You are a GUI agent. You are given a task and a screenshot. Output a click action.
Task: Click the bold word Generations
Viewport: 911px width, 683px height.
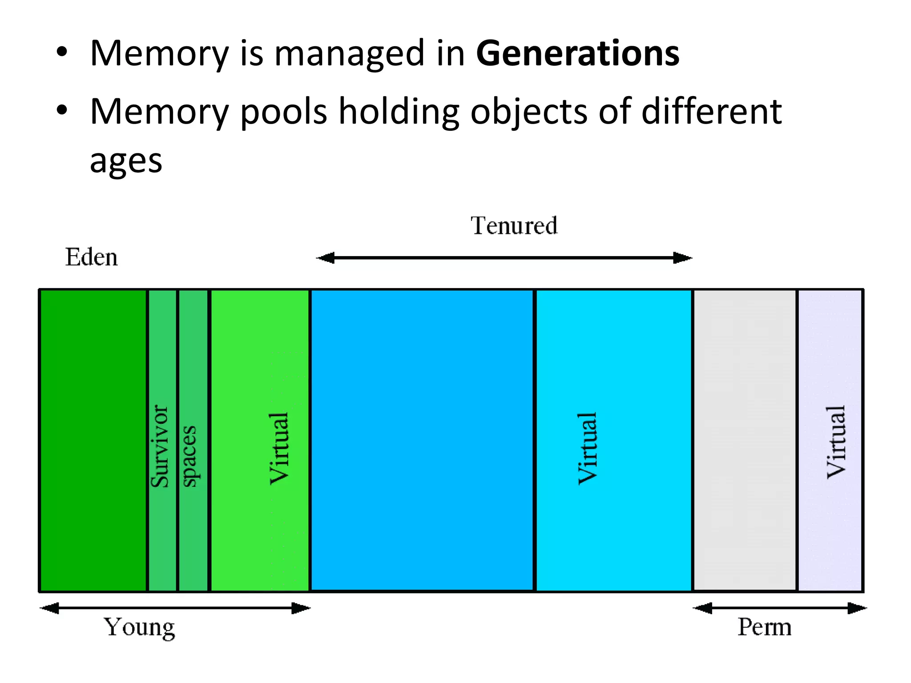coord(577,54)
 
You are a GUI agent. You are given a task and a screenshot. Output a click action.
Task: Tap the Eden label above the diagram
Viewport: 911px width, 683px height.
coord(92,257)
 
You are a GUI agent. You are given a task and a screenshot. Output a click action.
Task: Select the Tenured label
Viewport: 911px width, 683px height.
coord(514,225)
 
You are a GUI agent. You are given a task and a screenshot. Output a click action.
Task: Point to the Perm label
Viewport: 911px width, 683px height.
coord(764,627)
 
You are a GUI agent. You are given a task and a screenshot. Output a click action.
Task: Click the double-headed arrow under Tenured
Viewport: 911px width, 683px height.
coord(504,258)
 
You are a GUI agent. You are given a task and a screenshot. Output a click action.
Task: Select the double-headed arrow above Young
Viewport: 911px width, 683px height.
coord(175,608)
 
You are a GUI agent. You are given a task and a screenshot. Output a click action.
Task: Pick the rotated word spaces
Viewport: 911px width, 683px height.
coord(190,456)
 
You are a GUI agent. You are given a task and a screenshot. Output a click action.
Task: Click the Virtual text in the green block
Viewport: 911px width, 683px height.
coord(279,448)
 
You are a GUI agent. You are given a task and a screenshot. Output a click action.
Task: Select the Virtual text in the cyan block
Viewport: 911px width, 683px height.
coord(588,448)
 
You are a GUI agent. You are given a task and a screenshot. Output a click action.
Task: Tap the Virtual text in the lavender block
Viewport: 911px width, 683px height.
coord(836,442)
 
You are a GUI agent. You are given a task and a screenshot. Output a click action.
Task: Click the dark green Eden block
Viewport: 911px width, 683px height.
coord(93,440)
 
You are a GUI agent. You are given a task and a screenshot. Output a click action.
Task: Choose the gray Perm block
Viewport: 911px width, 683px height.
coord(745,440)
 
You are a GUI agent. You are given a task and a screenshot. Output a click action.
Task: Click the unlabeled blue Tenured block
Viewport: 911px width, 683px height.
coord(422,440)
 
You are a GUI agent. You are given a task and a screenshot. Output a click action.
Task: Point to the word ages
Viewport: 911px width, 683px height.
coord(126,161)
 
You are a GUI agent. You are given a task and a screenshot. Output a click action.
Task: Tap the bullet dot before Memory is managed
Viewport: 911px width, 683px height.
coord(62,53)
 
